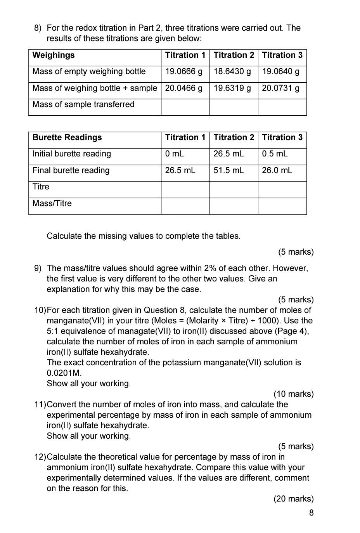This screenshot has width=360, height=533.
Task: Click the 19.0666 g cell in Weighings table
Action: pyautogui.click(x=183, y=72)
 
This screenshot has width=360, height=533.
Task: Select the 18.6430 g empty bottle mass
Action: pyautogui.click(x=232, y=72)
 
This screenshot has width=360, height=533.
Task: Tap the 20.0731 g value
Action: pyautogui.click(x=280, y=88)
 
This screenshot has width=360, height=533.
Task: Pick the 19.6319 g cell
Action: pyautogui.click(x=232, y=88)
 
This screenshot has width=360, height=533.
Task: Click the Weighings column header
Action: pyautogui.click(x=54, y=55)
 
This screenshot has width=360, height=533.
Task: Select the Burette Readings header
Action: pyautogui.click(x=67, y=137)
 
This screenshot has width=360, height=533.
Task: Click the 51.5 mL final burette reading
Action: pyautogui.click(x=228, y=170)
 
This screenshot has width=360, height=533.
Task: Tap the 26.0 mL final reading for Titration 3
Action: pyautogui.click(x=277, y=170)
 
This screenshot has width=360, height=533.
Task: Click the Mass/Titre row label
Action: pyautogui.click(x=52, y=203)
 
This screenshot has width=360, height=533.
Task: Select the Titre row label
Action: pyautogui.click(x=41, y=187)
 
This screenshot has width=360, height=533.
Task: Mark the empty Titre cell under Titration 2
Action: pyautogui.click(x=234, y=189)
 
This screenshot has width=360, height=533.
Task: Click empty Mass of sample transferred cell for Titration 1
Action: pyautogui.click(x=185, y=107)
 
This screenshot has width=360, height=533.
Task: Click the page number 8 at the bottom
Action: pyautogui.click(x=311, y=513)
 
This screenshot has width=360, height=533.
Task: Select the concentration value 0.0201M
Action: pyautogui.click(x=64, y=373)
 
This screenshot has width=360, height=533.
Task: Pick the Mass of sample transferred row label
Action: pyautogui.click(x=83, y=104)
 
